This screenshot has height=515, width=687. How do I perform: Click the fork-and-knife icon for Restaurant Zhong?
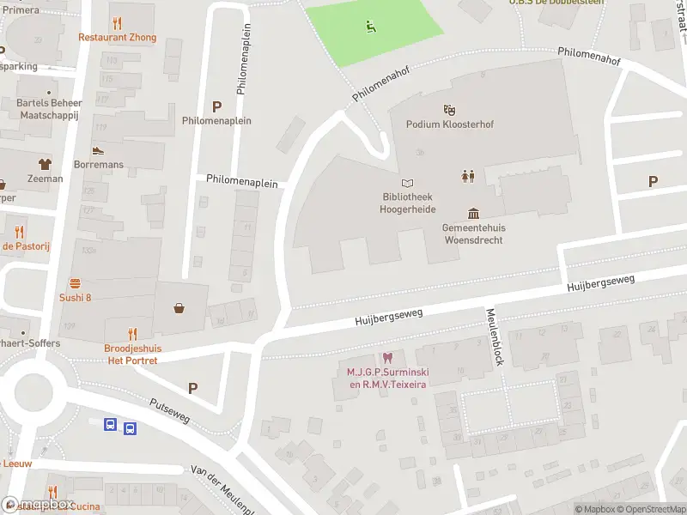click(x=117, y=23)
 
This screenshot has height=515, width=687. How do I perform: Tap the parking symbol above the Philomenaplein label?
click(x=217, y=106)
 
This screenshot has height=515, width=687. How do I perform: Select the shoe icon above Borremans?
click(x=99, y=149)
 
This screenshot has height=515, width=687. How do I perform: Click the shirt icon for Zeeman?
click(x=45, y=164)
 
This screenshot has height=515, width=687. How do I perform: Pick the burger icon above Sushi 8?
click(x=76, y=282)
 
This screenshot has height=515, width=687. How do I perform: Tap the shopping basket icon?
click(x=179, y=308)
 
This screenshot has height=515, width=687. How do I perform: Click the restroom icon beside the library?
click(x=468, y=176)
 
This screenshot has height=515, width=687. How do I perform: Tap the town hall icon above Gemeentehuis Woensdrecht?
click(x=473, y=213)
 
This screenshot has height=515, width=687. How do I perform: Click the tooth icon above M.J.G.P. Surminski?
click(x=387, y=358)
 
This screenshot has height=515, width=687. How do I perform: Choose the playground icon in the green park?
click(x=371, y=27)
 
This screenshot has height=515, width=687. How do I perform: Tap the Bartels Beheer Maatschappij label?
click(x=49, y=109)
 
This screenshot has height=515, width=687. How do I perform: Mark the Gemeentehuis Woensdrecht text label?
click(x=473, y=233)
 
